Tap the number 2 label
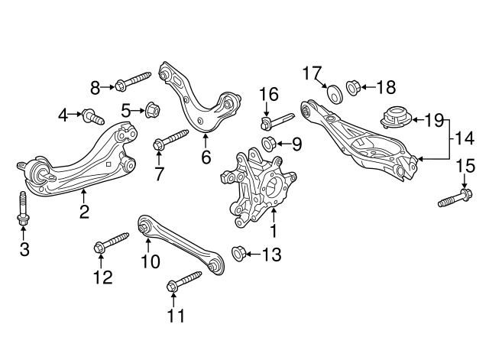click(83, 211)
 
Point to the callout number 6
click(206, 158)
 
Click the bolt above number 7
click(170, 141)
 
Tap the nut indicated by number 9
click(269, 143)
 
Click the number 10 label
click(150, 261)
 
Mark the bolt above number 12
click(112, 243)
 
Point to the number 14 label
click(465, 138)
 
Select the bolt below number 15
click(455, 198)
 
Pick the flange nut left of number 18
click(355, 86)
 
